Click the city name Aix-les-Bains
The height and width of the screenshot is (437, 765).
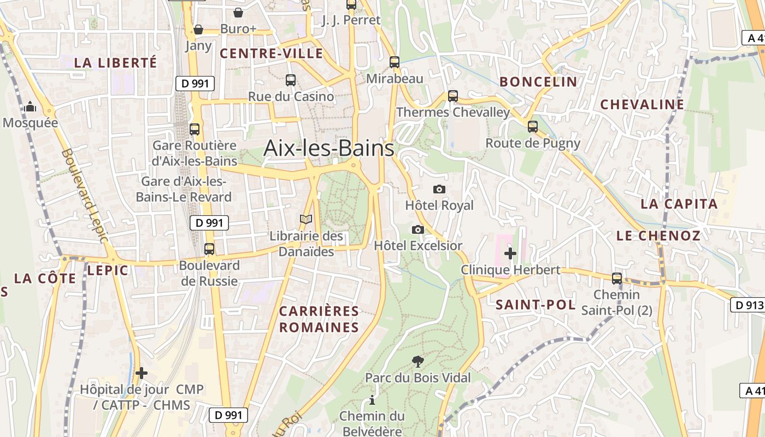(328, 148)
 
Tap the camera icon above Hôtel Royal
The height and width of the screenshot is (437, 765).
(439, 189)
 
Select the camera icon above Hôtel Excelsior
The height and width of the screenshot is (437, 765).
(418, 229)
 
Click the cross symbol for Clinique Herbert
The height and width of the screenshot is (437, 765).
(510, 253)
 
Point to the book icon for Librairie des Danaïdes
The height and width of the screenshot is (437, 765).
(306, 220)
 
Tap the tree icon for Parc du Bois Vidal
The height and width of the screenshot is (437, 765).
(418, 361)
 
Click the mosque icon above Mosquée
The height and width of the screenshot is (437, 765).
(30, 106)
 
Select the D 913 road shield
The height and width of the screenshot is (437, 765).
(747, 305)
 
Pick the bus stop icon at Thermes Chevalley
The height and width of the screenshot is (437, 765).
(452, 96)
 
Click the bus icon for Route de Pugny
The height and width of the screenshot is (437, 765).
(533, 127)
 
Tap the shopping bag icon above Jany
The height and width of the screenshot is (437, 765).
(198, 29)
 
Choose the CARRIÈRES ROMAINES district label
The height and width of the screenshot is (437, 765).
(319, 320)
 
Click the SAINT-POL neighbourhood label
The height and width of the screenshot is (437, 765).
(535, 305)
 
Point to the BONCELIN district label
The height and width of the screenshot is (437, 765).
(538, 82)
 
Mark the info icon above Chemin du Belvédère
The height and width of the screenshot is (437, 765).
(372, 400)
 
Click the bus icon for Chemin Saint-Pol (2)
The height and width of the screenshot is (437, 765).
(617, 278)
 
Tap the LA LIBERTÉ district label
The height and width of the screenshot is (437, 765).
(115, 63)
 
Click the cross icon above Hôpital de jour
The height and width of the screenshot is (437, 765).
(142, 373)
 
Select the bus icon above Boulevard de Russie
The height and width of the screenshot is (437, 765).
(209, 249)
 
